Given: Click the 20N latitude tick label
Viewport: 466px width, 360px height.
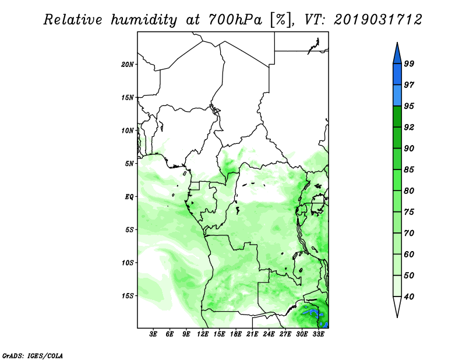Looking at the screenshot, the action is click(x=127, y=65).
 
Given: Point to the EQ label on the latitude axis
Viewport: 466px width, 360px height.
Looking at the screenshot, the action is click(x=129, y=197).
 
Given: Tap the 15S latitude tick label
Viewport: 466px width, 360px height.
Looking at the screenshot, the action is click(x=127, y=296).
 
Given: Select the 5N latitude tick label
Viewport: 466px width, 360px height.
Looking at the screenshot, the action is click(x=129, y=164).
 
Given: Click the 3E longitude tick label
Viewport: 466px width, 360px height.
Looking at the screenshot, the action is click(x=153, y=334).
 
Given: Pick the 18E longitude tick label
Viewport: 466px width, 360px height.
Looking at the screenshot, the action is click(x=236, y=334).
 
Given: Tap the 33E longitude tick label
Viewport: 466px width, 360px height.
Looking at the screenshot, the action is click(x=318, y=334).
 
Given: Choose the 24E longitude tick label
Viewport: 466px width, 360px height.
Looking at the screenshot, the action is click(x=269, y=334).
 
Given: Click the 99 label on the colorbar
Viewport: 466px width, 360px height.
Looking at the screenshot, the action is click(x=409, y=63).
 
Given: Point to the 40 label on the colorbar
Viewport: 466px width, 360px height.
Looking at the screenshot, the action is click(x=409, y=297).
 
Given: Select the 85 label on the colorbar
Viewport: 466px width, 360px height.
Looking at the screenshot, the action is click(x=409, y=170).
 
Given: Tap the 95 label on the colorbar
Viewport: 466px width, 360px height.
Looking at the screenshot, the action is click(x=409, y=106).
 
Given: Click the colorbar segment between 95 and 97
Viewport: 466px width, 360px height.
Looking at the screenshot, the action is click(x=397, y=96).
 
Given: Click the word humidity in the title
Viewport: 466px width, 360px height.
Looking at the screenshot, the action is click(x=144, y=20).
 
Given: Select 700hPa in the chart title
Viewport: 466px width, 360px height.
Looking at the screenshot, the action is click(x=235, y=20).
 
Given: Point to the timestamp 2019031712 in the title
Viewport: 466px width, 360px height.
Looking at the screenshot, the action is click(x=377, y=20).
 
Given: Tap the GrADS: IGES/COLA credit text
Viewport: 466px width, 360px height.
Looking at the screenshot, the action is click(x=33, y=355).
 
